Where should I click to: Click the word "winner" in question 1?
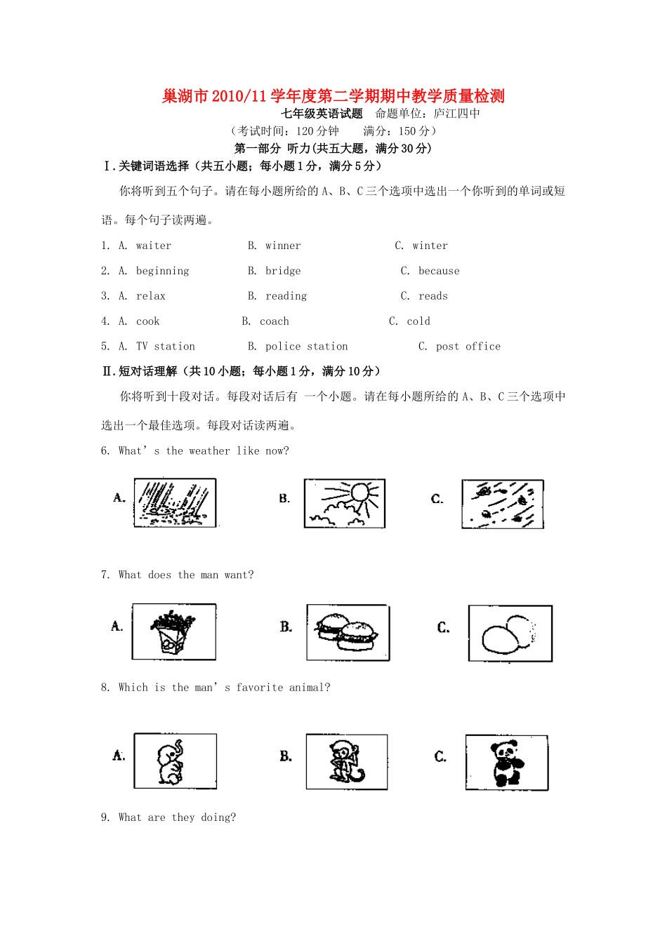click(x=283, y=246)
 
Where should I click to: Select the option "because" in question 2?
click(x=439, y=271)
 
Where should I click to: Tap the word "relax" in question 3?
click(x=151, y=296)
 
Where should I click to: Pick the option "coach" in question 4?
click(x=275, y=321)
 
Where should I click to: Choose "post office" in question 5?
click(x=468, y=347)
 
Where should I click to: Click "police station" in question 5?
click(x=307, y=347)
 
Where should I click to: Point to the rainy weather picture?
click(x=175, y=503)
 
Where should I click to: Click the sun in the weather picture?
click(x=360, y=492)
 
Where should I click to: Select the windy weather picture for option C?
click(x=503, y=504)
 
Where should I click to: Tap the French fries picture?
click(x=173, y=631)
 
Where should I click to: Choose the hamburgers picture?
click(x=348, y=632)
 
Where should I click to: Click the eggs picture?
click(x=510, y=634)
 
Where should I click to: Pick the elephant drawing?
click(x=175, y=761)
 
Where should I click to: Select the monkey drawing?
click(x=347, y=762)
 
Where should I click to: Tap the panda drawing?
click(x=506, y=763)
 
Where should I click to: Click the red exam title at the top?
click(x=333, y=96)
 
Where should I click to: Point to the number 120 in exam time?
click(x=305, y=131)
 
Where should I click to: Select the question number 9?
click(x=105, y=817)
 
